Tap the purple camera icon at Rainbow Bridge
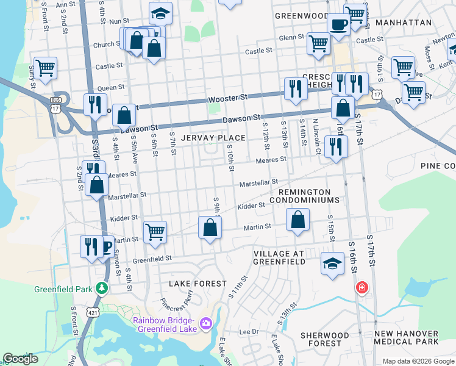click(x=206, y=321)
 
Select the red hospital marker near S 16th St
click(x=362, y=287)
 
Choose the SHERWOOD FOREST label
click(x=325, y=339)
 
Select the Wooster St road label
click(x=227, y=98)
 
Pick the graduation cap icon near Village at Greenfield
click(x=331, y=264)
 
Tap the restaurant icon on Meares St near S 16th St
click(x=335, y=146)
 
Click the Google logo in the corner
click(x=20, y=359)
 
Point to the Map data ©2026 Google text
click(x=418, y=361)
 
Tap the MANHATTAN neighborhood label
click(x=403, y=23)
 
